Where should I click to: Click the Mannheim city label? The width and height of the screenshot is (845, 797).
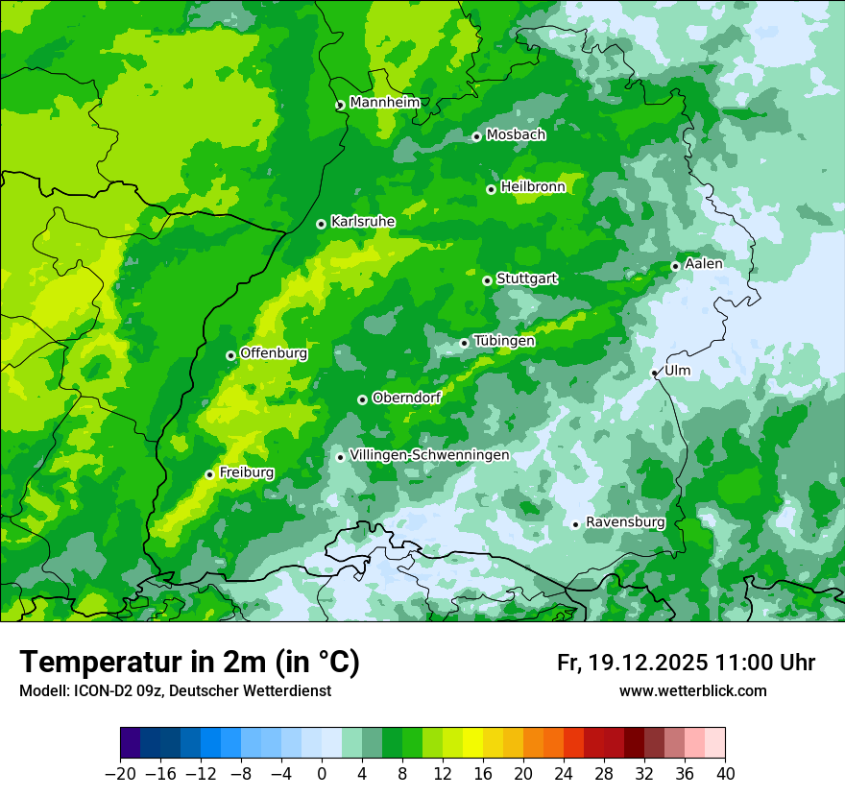click(x=384, y=103)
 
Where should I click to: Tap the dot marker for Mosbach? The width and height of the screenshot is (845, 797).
click(x=476, y=136)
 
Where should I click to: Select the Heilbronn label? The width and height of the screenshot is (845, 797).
click(x=533, y=187)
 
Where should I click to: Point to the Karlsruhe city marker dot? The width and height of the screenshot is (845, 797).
click(x=321, y=224)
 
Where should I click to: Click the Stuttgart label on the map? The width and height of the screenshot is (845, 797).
click(x=526, y=278)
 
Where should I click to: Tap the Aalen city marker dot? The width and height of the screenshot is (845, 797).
click(x=675, y=266)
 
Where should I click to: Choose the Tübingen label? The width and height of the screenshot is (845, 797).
click(x=504, y=341)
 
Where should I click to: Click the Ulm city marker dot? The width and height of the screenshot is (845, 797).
click(x=654, y=373)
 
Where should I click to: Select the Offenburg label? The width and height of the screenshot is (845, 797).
click(x=274, y=353)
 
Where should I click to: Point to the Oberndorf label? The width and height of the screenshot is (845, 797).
click(x=406, y=398)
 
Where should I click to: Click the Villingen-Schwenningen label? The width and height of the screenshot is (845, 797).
click(x=429, y=455)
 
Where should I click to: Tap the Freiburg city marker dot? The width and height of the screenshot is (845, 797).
click(x=209, y=474)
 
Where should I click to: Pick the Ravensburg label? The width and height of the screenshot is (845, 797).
click(x=625, y=522)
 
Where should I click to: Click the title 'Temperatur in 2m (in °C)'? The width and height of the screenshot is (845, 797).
click(x=189, y=663)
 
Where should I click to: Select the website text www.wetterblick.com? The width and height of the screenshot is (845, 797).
click(x=692, y=691)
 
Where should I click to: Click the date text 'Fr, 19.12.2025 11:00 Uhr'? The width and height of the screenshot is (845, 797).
click(x=686, y=663)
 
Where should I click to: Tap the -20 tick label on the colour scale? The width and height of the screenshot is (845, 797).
click(x=120, y=774)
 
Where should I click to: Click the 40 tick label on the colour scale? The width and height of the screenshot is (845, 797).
click(x=725, y=774)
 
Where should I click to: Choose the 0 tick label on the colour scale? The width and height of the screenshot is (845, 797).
click(x=322, y=774)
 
